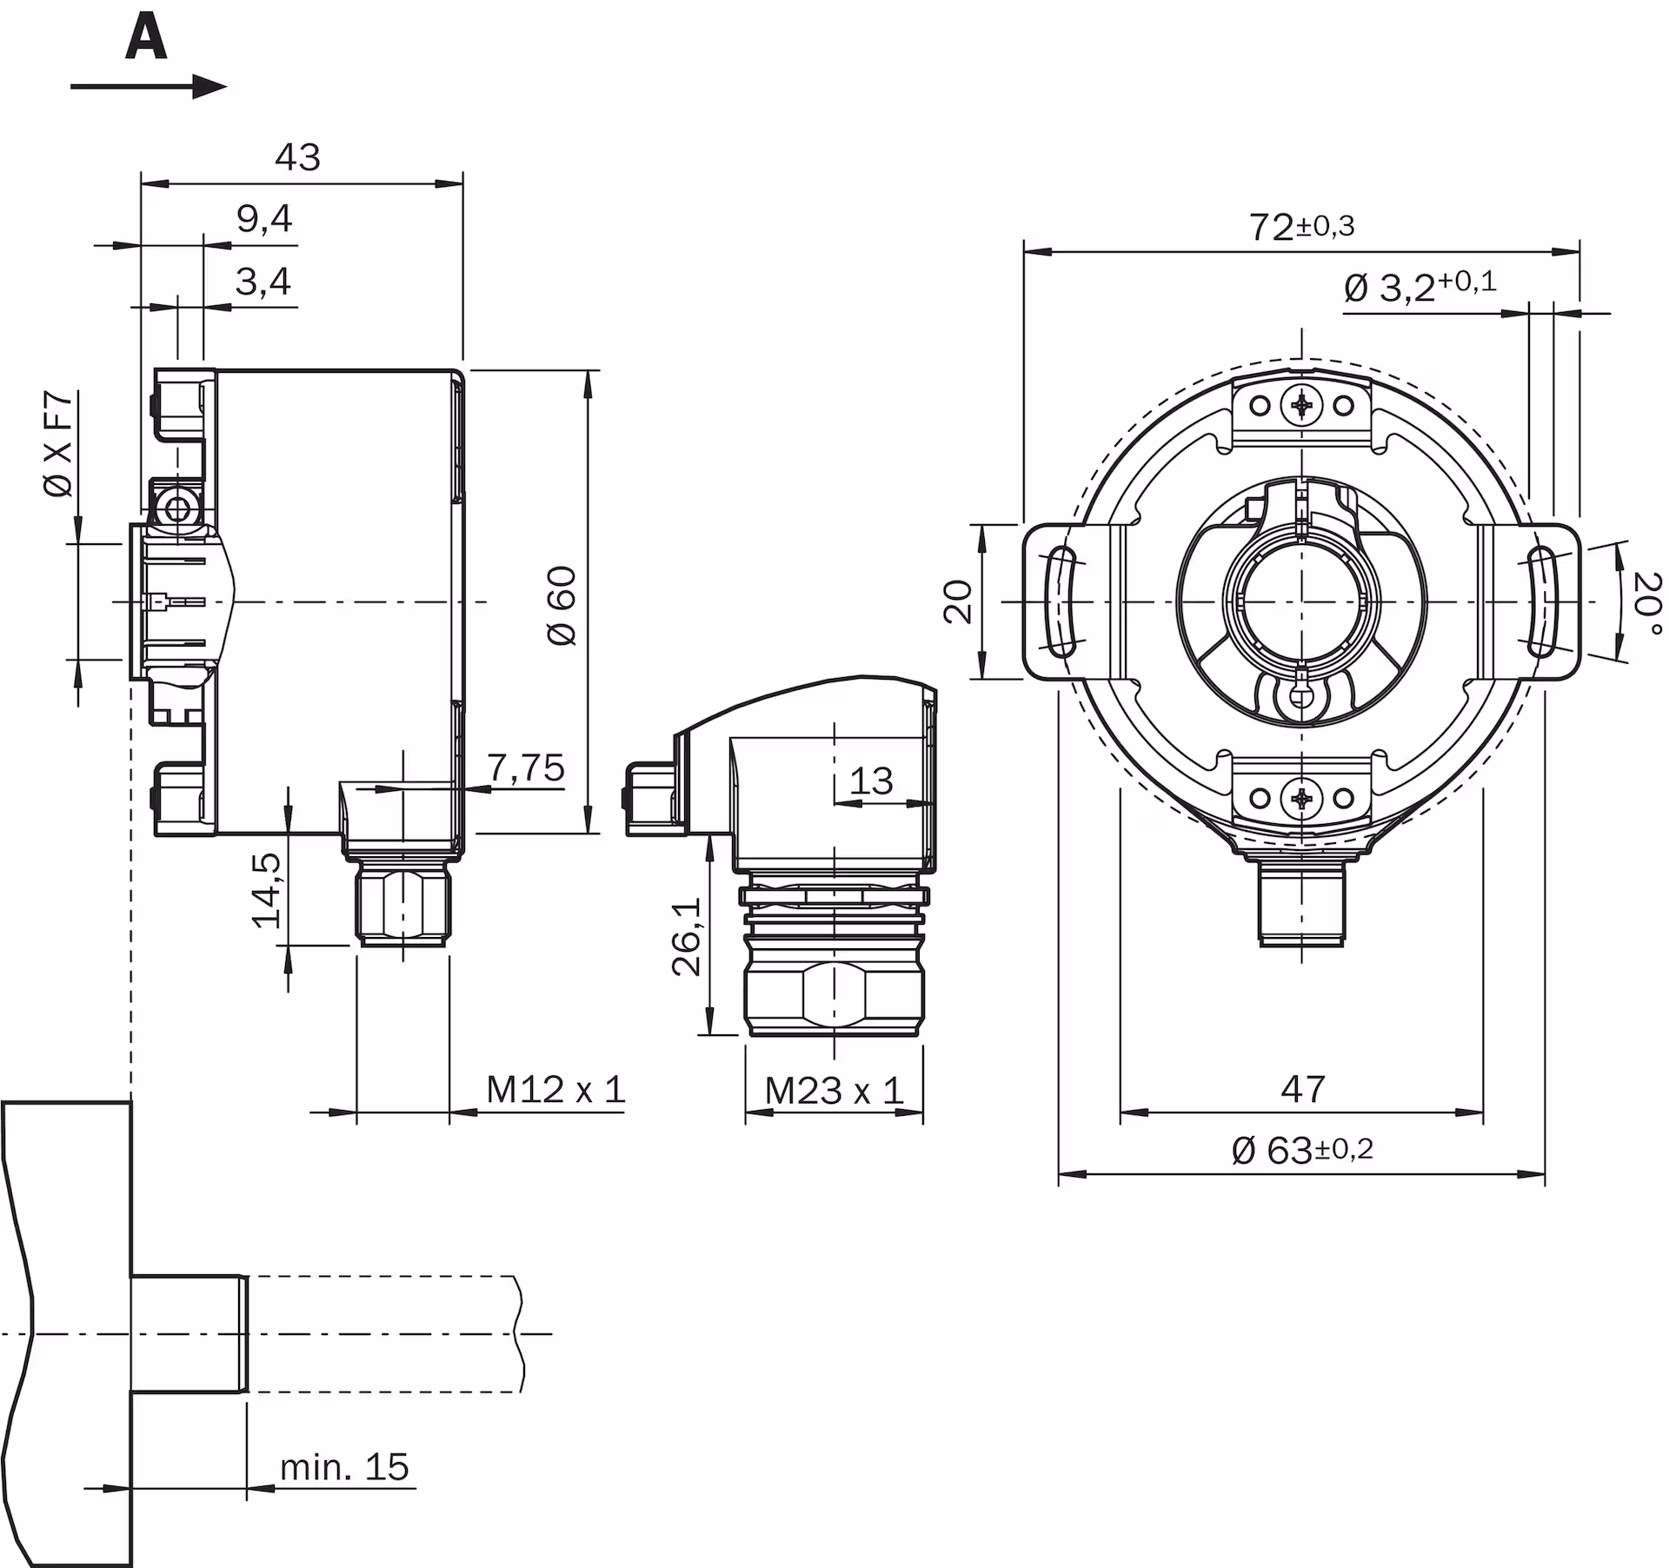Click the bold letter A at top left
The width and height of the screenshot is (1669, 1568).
point(146,40)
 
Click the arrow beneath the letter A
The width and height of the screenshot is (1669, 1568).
point(148,86)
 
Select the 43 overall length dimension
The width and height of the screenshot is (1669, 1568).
point(297,157)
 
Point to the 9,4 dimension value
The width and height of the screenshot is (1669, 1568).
point(264,219)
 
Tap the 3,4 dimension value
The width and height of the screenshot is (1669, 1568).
point(263,282)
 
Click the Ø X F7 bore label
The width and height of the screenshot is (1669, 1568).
point(59,444)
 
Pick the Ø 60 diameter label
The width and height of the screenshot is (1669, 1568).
point(563,605)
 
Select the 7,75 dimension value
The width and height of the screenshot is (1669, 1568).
point(525,767)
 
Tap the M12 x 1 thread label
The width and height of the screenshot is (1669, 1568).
point(555,1089)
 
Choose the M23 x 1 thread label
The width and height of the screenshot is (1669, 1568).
point(834,1091)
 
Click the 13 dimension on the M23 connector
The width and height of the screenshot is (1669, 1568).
point(871,781)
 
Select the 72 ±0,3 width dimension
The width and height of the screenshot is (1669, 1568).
point(1300,227)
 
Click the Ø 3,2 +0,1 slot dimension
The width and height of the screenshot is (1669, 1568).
point(1420,285)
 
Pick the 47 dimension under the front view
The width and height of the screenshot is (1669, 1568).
point(1302,1088)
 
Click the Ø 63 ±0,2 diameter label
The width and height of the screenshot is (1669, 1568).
point(1301,1150)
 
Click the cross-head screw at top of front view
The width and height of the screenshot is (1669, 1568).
point(1302,404)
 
